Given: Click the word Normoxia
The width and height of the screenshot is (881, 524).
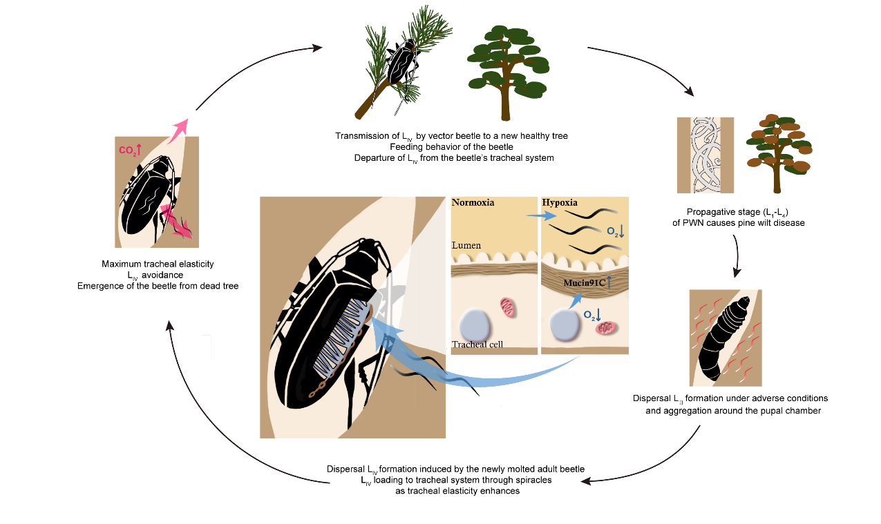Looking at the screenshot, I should [x=474, y=204].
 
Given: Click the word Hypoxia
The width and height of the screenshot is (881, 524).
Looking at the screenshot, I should [x=560, y=204].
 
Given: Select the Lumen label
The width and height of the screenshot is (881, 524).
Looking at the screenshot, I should [x=466, y=246].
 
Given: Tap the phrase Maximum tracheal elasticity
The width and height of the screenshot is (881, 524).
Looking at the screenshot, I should [x=158, y=264].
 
